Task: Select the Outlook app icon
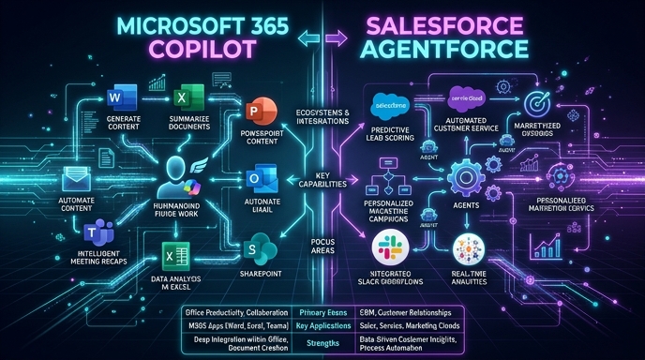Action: (257, 178)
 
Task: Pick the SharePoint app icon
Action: (255, 248)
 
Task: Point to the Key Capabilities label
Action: (322, 181)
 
